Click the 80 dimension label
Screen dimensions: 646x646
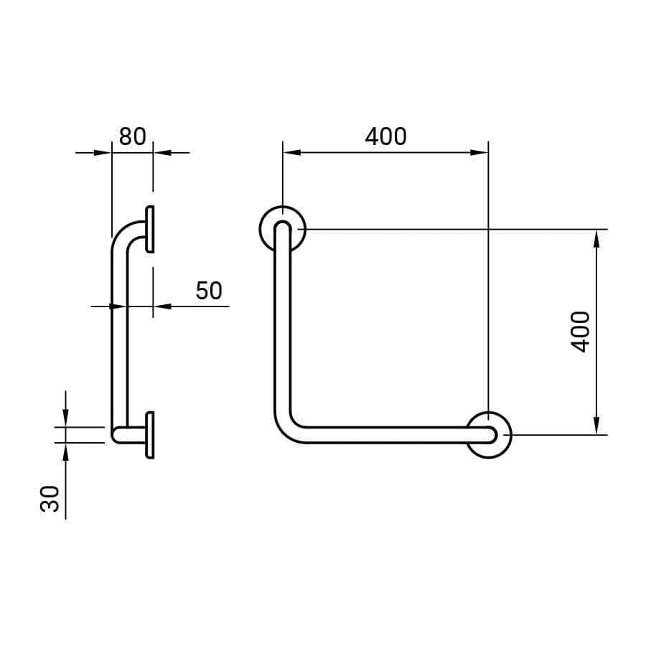point(132,136)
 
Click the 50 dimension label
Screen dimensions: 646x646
point(209,291)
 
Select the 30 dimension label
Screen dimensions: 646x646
point(50,499)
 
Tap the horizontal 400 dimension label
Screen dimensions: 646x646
point(385,136)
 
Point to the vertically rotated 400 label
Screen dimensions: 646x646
point(581,332)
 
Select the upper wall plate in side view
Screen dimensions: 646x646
point(150,229)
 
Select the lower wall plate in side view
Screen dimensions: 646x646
point(150,435)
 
